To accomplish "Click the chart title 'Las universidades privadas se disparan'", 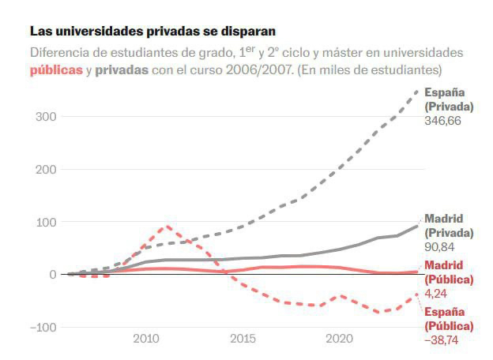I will pyautogui.click(x=153, y=32).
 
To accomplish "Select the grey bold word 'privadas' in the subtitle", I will pyautogui.click(x=121, y=69).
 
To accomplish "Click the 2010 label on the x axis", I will pyautogui.click(x=145, y=339).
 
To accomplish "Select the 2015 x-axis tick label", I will pyautogui.click(x=243, y=339).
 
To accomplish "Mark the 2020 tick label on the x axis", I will pyautogui.click(x=340, y=339).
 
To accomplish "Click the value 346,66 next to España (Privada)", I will pyautogui.click(x=442, y=121).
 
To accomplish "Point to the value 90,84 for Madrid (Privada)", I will pyautogui.click(x=439, y=248).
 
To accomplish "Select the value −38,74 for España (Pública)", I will pyautogui.click(x=442, y=340).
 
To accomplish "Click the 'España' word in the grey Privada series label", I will pyautogui.click(x=444, y=92).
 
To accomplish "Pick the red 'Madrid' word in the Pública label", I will pyautogui.click(x=444, y=265).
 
